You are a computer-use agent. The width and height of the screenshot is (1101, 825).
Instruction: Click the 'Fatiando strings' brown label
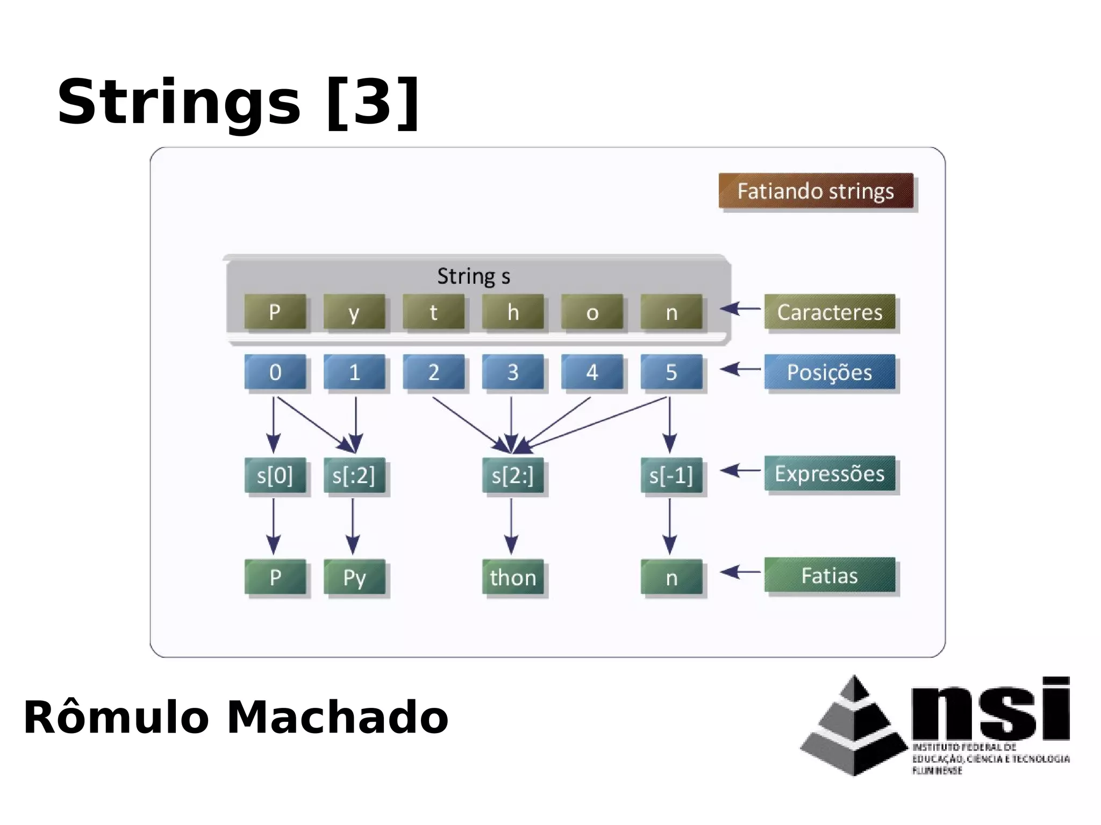coord(816,191)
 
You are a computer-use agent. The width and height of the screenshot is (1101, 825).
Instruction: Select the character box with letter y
coord(354,312)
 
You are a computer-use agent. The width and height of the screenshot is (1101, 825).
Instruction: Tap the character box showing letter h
coord(512,312)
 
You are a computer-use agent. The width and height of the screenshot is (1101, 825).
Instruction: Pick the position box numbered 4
coord(592,372)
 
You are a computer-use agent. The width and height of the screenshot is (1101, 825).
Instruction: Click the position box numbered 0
coord(275,372)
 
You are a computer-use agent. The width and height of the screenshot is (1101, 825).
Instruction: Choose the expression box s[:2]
coord(354,475)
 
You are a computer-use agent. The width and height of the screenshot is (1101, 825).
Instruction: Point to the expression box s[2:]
coord(512,475)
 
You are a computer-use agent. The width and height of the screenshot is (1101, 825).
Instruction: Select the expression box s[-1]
coord(671,475)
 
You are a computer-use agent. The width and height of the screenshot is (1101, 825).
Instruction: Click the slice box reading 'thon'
coord(512,577)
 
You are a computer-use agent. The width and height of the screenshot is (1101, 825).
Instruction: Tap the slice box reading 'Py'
coord(354,577)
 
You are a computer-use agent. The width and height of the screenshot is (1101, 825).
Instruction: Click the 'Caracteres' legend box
coord(830,312)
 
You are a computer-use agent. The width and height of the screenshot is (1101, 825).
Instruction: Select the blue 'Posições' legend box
coord(830,372)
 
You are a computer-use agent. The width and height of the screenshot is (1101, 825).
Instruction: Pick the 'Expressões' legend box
coord(830,474)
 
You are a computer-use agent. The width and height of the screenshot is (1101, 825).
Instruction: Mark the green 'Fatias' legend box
coord(830,575)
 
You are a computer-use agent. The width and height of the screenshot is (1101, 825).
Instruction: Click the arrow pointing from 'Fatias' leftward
coord(740,572)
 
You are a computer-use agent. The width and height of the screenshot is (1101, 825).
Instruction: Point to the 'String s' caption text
coord(473,276)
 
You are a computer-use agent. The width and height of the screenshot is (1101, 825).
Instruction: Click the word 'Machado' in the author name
coord(337,717)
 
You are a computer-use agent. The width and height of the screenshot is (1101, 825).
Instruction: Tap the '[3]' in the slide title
coord(373,102)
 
